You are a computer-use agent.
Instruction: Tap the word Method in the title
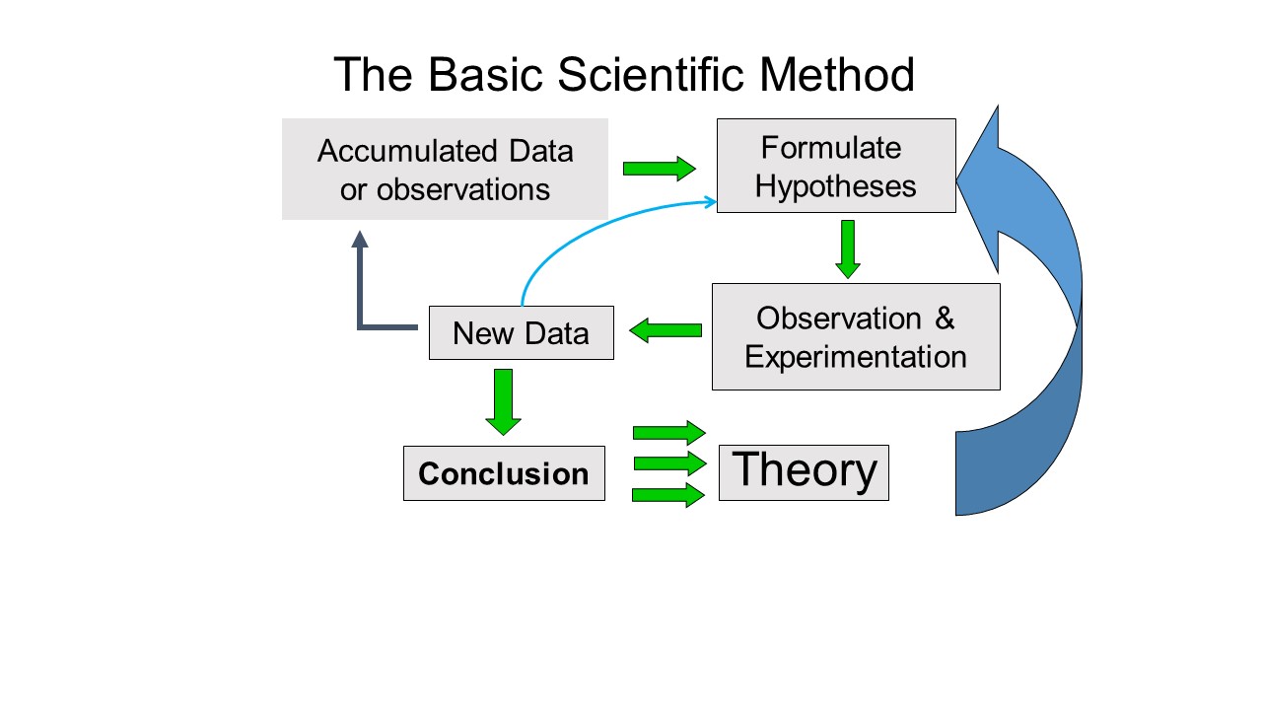[x=837, y=74]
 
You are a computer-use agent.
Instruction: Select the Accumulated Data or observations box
[x=445, y=169]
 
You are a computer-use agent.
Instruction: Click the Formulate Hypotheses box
[x=836, y=166]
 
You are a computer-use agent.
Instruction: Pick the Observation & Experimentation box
[x=856, y=337]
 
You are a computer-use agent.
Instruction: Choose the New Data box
[x=522, y=333]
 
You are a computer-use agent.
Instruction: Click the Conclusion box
[x=504, y=473]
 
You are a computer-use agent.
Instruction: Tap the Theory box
[x=804, y=472]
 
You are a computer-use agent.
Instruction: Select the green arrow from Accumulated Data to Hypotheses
[x=660, y=169]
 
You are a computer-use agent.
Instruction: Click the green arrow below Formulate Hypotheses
[x=848, y=249]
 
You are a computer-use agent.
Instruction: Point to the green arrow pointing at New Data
[x=666, y=330]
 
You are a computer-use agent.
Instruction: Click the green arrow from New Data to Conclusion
[x=503, y=402]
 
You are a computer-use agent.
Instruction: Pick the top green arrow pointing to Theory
[x=669, y=433]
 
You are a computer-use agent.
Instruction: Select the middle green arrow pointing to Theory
[x=670, y=463]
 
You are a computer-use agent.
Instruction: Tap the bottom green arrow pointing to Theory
[x=668, y=495]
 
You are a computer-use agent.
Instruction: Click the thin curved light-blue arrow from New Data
[x=586, y=230]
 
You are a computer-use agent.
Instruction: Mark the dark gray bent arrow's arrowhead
[x=360, y=240]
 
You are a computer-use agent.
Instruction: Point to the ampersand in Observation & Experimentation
[x=945, y=319]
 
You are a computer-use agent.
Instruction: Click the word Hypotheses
[x=835, y=186]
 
